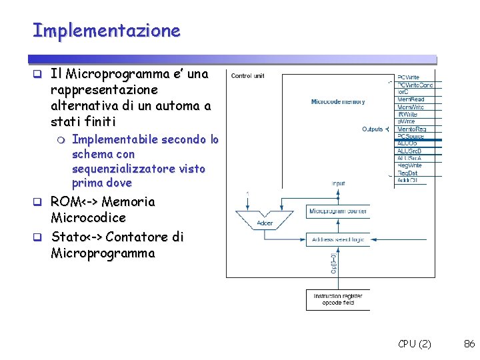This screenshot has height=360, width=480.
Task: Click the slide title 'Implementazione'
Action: pyautogui.click(x=106, y=31)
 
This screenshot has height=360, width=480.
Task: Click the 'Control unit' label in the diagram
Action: pyautogui.click(x=247, y=76)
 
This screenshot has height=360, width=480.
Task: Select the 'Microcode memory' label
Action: pyautogui.click(x=337, y=102)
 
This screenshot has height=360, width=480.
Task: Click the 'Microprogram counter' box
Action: pyautogui.click(x=338, y=211)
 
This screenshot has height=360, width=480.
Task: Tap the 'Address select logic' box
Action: pyautogui.click(x=338, y=239)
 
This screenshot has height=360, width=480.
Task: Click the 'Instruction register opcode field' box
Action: pyautogui.click(x=338, y=299)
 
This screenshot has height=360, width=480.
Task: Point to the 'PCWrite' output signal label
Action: pyautogui.click(x=409, y=77)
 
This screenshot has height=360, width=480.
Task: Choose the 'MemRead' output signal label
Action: pyautogui.click(x=411, y=99)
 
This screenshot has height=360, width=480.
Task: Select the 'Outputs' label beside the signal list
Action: pyautogui.click(x=372, y=129)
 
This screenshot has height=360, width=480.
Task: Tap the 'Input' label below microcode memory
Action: pyautogui.click(x=338, y=183)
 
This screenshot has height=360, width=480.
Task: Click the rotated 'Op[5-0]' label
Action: pyautogui.click(x=333, y=265)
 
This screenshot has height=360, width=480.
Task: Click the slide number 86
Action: pyautogui.click(x=469, y=344)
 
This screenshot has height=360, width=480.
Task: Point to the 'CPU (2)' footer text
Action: pyautogui.click(x=414, y=344)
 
